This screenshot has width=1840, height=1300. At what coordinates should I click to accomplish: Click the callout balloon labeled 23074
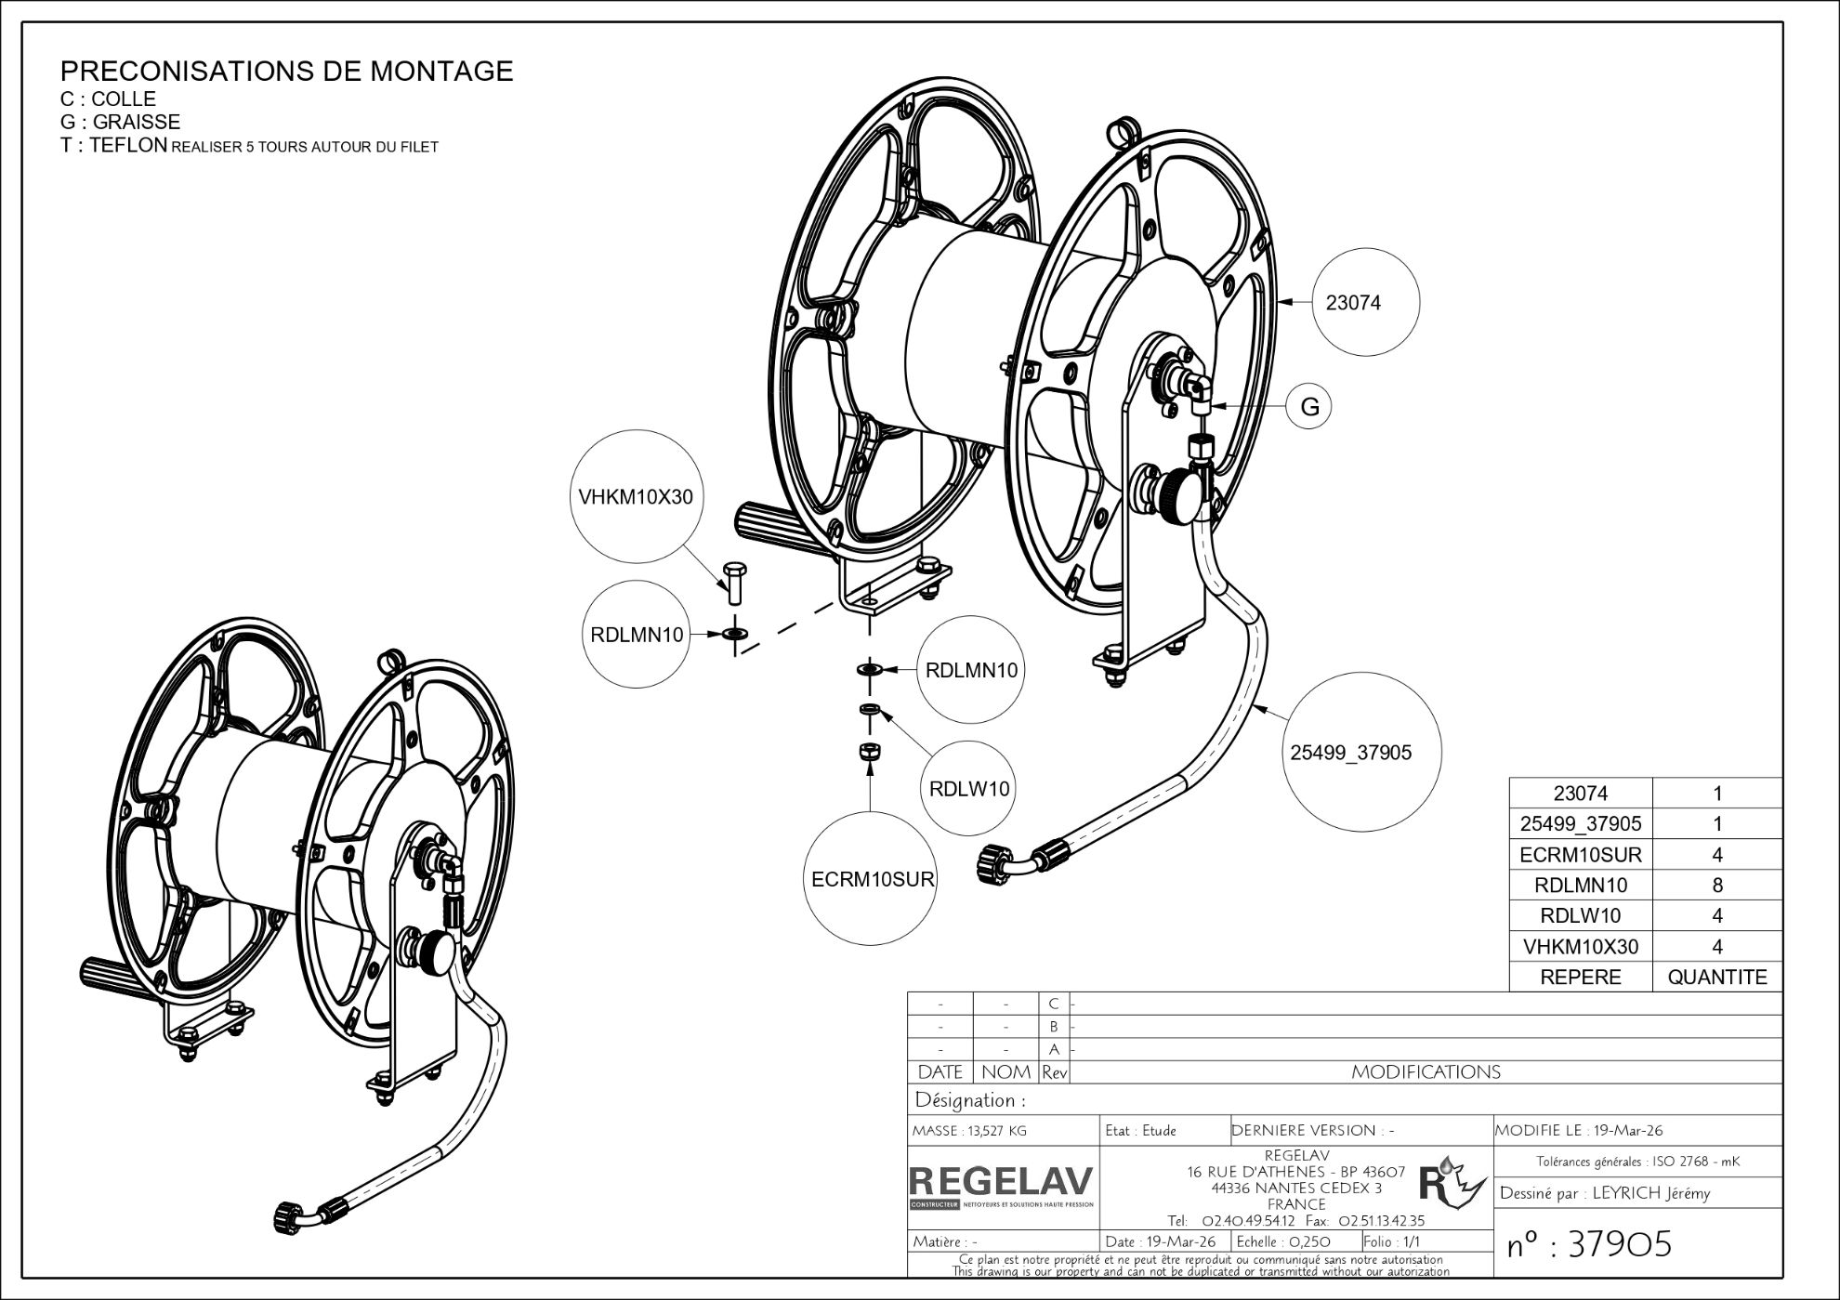tap(1365, 302)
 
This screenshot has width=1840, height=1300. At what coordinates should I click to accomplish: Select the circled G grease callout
tap(1309, 407)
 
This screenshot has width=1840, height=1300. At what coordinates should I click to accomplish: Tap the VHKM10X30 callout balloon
tap(636, 496)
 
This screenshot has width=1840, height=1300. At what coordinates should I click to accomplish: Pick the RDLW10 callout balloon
tap(969, 789)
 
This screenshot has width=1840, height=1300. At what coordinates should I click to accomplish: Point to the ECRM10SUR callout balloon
tap(871, 878)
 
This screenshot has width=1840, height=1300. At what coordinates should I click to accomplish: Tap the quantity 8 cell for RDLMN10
tap(1716, 886)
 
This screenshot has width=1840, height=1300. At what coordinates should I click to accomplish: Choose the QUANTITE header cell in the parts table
tap(1716, 977)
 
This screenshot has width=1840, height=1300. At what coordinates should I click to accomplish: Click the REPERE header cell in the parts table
tap(1580, 977)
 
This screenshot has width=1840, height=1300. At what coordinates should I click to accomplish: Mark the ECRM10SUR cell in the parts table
tap(1580, 855)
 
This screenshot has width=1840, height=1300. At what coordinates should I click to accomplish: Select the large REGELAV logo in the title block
tap(1002, 1182)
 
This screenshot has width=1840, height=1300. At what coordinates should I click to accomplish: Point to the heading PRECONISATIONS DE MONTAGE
tap(286, 71)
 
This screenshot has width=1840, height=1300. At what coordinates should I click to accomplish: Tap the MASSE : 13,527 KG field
tap(970, 1131)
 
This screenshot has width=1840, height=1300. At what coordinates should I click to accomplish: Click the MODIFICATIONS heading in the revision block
tap(1426, 1072)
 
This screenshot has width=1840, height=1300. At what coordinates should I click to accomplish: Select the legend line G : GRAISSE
tap(121, 122)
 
